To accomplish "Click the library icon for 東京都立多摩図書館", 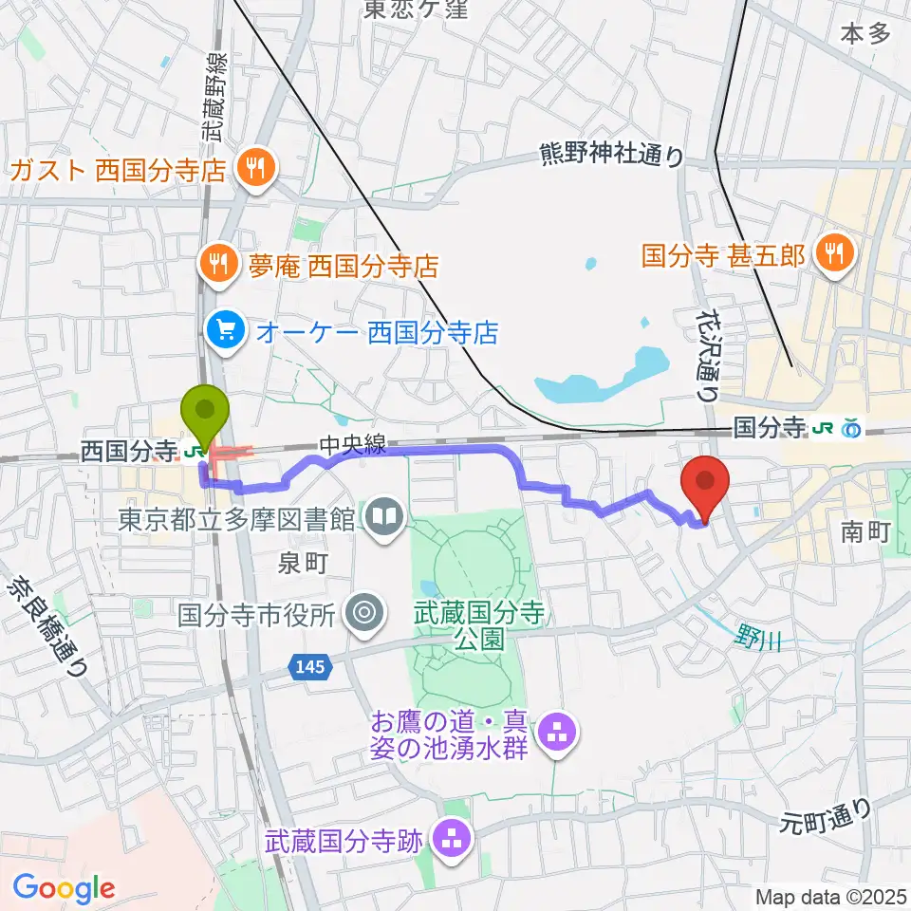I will coord(385,518).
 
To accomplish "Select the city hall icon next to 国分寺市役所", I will coord(363,615).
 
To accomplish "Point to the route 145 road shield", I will coord(314,667).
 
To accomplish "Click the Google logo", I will coord(64,887).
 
